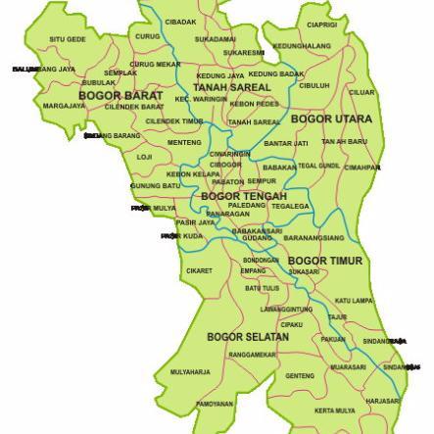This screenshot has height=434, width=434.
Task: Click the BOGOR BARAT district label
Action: click(121, 95)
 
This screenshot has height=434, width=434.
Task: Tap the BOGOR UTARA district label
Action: click(318, 119)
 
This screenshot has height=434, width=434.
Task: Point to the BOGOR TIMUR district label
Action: click(324, 261)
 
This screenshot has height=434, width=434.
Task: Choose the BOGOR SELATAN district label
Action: click(248, 336)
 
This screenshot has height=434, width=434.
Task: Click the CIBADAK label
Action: click(180, 22)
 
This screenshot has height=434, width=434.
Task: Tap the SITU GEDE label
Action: click(67, 40)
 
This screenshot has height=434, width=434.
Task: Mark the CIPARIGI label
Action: click(321, 24)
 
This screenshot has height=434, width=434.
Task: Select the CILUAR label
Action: click(362, 92)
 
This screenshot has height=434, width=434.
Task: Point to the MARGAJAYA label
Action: click(65, 106)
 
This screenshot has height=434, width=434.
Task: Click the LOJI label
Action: click(144, 157)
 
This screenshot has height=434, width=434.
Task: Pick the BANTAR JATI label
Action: click(286, 143)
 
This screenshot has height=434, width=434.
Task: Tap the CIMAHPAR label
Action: click(362, 167)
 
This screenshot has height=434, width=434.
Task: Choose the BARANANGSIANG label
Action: click(313, 238)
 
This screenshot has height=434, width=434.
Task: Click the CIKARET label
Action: click(199, 270)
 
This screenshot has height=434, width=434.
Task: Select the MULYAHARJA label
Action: click(190, 372)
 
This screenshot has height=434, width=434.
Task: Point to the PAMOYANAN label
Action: click(215, 404)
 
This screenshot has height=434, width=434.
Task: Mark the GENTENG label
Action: click(300, 375)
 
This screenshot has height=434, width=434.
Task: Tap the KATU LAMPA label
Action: click(354, 301)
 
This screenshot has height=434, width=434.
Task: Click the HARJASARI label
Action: click(382, 401)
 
